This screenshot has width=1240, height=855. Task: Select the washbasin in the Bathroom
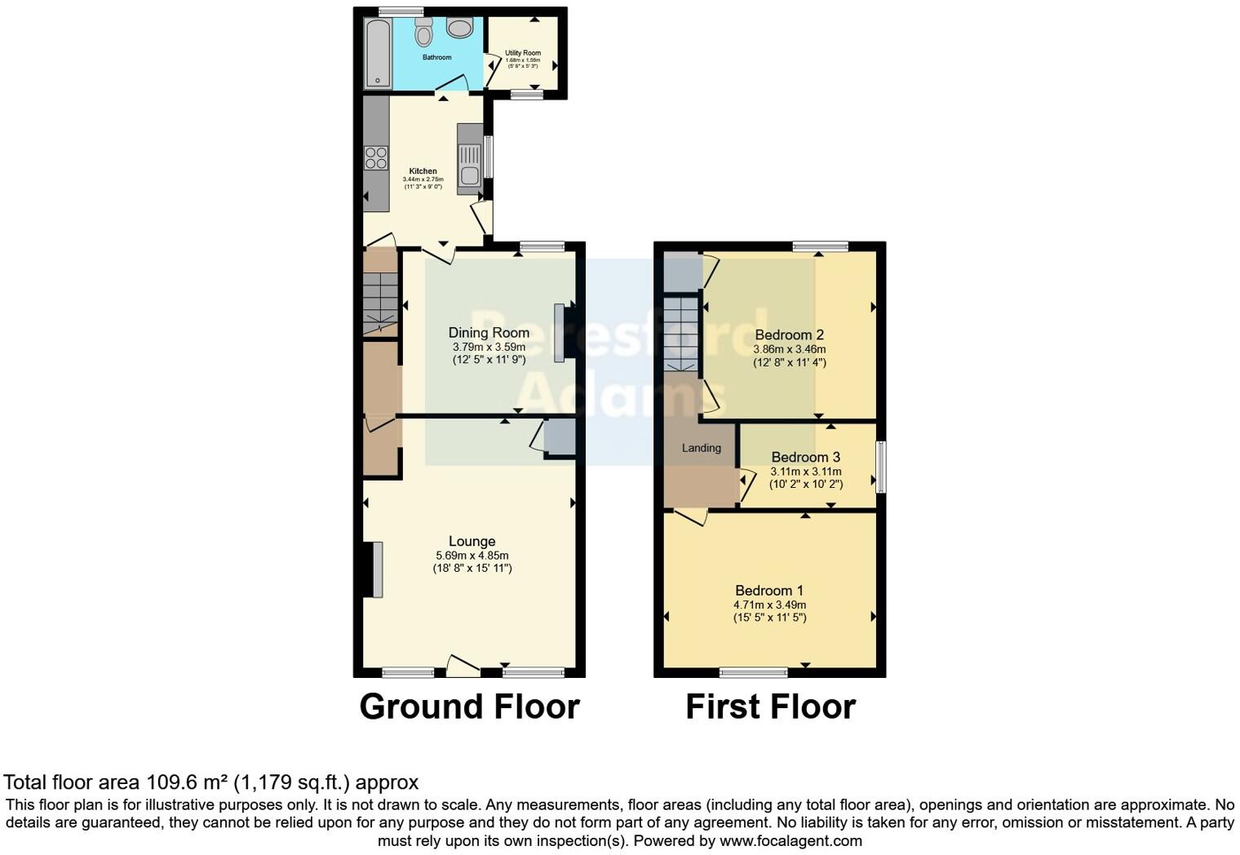click(x=459, y=29)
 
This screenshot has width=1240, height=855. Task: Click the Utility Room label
click(x=523, y=53)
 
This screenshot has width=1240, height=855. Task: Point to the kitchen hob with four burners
click(x=376, y=157)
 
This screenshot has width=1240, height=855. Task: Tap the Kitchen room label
click(x=423, y=171)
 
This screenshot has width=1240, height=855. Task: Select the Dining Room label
click(x=489, y=333)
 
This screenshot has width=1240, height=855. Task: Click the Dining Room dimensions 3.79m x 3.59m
click(x=489, y=347)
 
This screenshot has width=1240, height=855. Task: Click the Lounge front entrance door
click(x=462, y=667)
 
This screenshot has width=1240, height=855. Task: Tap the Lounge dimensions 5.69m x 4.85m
click(x=472, y=556)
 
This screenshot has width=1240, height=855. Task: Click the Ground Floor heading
click(x=469, y=707)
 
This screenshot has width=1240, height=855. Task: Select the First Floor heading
click(x=770, y=707)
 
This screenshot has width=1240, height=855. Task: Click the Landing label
click(x=702, y=448)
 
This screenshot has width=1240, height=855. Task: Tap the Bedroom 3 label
click(x=805, y=457)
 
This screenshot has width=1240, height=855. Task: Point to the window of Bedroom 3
click(x=880, y=467)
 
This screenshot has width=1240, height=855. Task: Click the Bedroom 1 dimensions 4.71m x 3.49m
click(x=769, y=605)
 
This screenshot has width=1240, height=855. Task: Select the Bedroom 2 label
click(x=789, y=334)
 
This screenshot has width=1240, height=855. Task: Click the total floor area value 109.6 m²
click(x=187, y=782)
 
